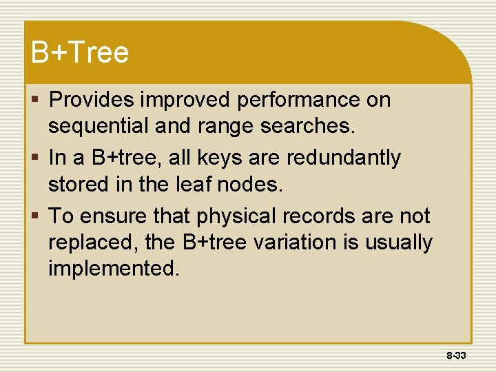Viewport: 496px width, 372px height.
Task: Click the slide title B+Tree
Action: pyautogui.click(x=80, y=53)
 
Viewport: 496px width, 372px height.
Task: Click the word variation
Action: pyautogui.click(x=292, y=242)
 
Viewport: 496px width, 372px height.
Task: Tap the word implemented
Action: pyautogui.click(x=114, y=269)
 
